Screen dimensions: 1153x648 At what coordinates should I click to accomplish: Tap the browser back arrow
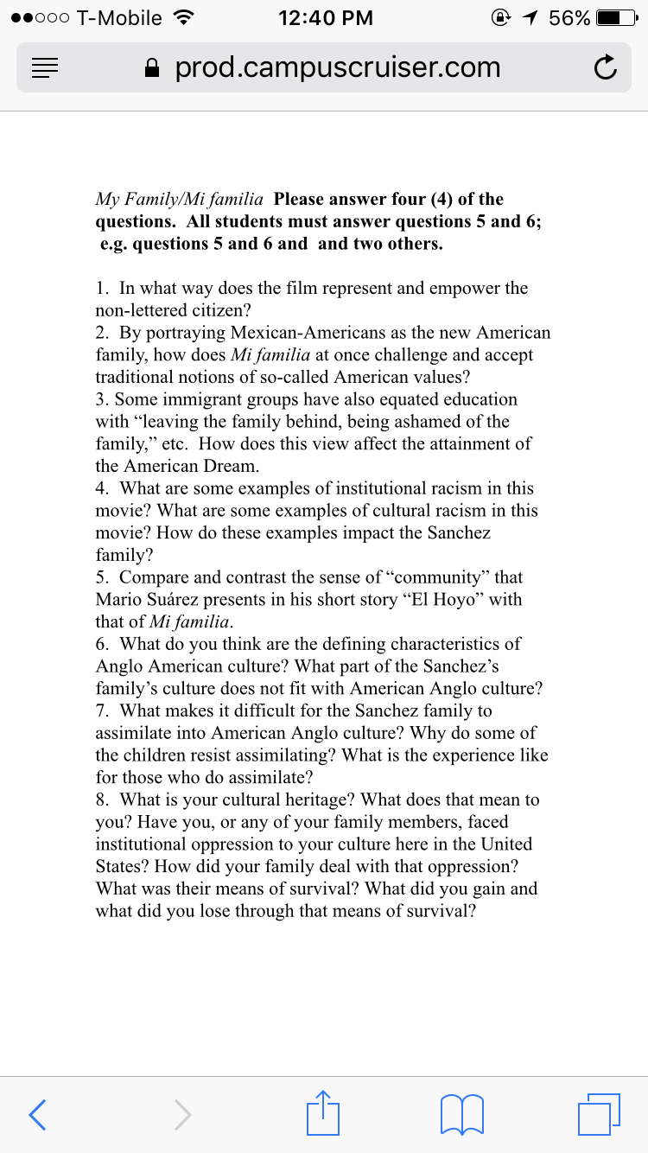[x=37, y=1114]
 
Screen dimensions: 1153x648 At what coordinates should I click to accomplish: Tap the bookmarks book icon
[x=462, y=1114]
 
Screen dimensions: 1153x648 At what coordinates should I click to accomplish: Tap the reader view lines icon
[x=45, y=67]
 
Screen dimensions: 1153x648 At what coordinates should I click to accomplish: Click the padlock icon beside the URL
[x=154, y=67]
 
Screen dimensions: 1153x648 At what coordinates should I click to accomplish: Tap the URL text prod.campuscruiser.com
[x=337, y=67]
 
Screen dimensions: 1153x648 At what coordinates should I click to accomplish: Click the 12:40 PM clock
[x=326, y=18]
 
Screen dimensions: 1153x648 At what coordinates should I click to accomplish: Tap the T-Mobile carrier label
[x=119, y=18]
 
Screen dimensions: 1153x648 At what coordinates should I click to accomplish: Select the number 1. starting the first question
[x=102, y=288]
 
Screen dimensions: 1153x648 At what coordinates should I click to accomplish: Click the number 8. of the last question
[x=102, y=799]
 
